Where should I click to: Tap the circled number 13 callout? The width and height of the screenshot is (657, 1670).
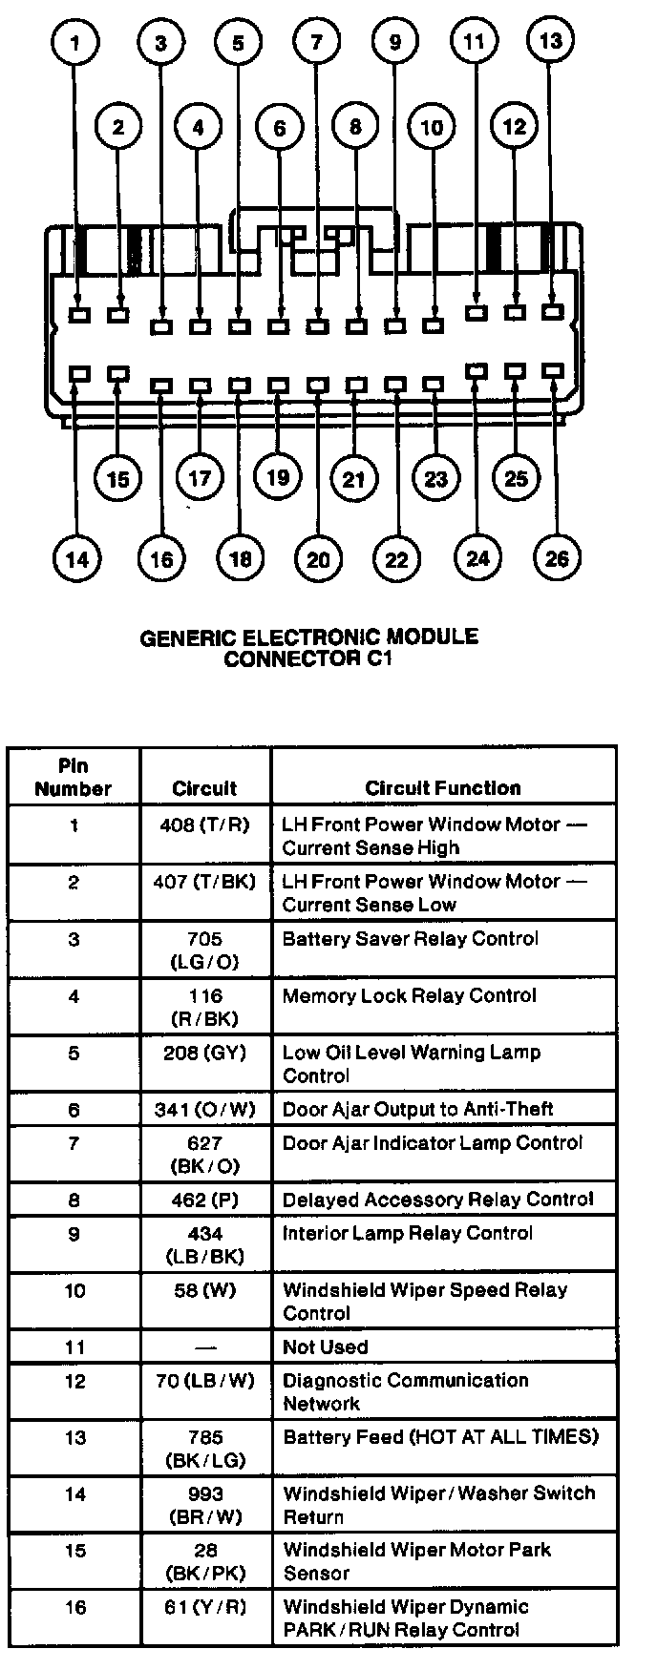pos(550,42)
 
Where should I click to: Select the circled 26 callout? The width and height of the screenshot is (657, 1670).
pos(556,557)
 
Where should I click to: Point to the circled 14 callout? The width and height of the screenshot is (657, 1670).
pos(76,558)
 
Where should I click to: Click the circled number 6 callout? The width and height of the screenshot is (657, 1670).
pos(279,128)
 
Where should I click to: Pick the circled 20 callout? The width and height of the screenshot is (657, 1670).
pos(318,558)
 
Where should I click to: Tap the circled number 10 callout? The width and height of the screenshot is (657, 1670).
pos(432,128)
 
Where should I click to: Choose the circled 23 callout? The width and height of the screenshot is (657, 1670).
pos(435,478)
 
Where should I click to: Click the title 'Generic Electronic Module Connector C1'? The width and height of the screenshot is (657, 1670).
pos(309,647)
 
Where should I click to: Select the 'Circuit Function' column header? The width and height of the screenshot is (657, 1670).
pos(443,788)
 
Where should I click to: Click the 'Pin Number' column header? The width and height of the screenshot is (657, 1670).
pos(74,777)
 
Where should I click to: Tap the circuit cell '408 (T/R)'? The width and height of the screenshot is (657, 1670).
pos(204,825)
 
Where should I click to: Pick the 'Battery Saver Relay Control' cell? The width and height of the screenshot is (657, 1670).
pos(411,939)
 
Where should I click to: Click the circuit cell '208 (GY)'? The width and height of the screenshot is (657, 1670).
pos(204,1053)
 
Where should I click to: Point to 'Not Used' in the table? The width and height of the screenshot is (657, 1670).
pos(325,1347)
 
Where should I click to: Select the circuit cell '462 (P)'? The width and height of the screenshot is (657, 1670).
pos(204,1199)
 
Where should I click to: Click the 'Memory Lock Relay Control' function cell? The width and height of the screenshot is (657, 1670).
pos(410,996)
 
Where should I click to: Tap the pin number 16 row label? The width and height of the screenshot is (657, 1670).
pos(74,1608)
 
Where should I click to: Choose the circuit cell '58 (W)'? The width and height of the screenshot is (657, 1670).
pos(204,1290)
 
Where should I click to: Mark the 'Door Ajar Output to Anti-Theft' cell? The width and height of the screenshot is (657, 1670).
pos(418,1109)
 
